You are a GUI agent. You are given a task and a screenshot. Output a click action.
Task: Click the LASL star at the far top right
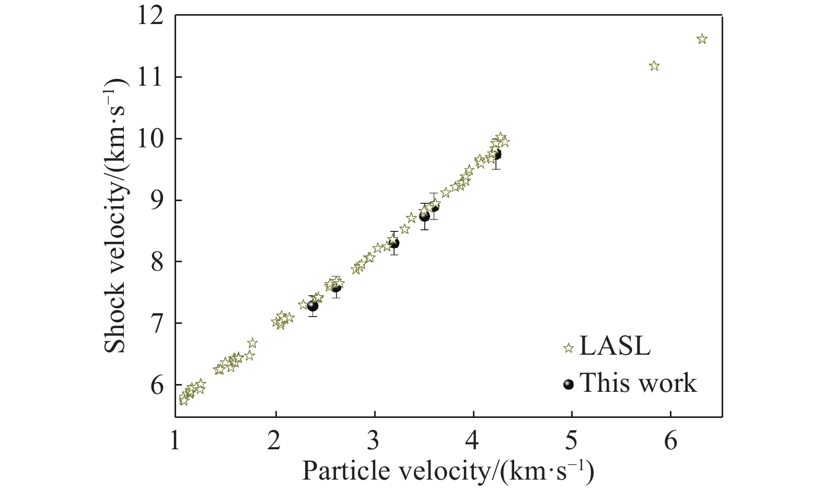[x=702, y=39]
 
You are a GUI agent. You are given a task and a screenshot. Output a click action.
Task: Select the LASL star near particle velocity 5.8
[x=654, y=66]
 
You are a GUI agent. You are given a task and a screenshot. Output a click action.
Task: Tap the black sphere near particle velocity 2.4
[x=312, y=306]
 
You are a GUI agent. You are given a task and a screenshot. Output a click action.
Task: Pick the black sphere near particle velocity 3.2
[x=394, y=243]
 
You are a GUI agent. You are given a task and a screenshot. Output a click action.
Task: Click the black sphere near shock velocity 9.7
[x=496, y=155]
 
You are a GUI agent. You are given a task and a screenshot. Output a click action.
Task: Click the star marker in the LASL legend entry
[x=569, y=348]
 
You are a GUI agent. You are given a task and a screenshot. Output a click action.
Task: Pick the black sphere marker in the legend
[x=569, y=385]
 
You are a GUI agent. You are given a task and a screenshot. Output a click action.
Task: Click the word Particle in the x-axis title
[x=340, y=472]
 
